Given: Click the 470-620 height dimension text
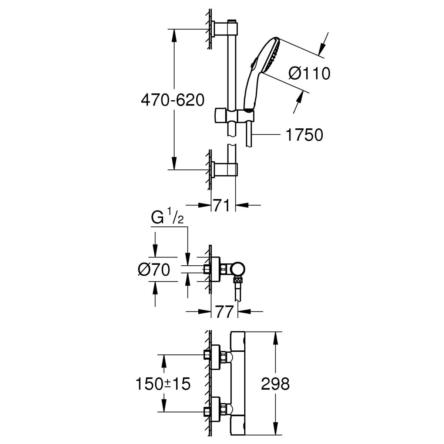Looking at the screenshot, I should click(x=172, y=100).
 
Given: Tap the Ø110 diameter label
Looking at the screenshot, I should click(x=309, y=74).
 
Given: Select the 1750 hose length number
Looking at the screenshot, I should click(x=304, y=135).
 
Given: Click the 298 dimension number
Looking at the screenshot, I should click(x=275, y=384).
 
